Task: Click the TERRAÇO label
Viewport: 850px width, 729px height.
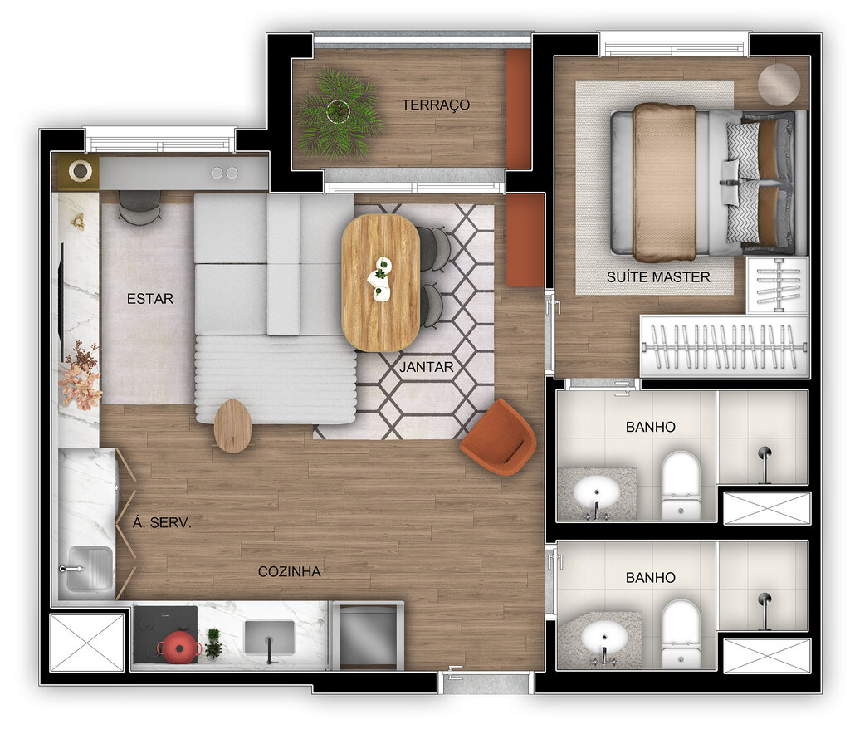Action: point(436,105)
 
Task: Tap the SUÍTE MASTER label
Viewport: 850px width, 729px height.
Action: point(669,276)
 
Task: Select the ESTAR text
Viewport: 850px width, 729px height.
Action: point(150,299)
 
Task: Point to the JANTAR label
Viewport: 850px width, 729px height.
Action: point(427,366)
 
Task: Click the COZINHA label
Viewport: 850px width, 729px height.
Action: point(289,571)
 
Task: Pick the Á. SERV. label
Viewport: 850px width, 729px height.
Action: point(162,523)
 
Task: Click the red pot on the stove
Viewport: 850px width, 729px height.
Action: point(178,647)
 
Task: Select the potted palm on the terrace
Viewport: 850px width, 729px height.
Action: point(338,112)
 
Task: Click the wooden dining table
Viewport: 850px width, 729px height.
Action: point(380,282)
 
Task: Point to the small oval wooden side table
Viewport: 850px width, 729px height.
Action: point(232,425)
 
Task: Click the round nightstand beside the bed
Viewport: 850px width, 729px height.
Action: point(779,84)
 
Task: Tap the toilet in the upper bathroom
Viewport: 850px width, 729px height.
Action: point(680,485)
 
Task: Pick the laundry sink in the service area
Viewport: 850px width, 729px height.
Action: point(89,570)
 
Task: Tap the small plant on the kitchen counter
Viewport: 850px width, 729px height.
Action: point(213,643)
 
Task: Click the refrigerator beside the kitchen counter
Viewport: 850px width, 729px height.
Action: point(366,636)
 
